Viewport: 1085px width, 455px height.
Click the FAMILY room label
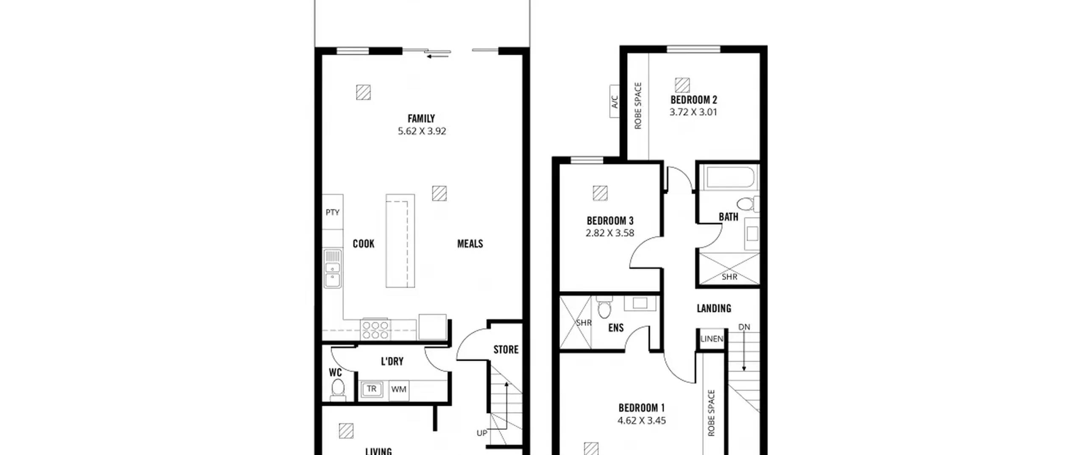(x=421, y=119)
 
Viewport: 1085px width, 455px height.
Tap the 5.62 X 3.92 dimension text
(x=422, y=131)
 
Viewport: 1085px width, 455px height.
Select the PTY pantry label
(x=333, y=212)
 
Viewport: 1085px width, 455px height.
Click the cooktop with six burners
(x=376, y=330)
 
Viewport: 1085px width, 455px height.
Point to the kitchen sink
(x=333, y=268)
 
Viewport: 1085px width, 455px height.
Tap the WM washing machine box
(x=398, y=389)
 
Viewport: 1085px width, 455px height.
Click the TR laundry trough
(x=372, y=389)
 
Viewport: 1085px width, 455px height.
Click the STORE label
(x=506, y=350)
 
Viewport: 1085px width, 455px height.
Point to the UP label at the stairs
(x=482, y=433)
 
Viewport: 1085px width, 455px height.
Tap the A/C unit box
(x=615, y=102)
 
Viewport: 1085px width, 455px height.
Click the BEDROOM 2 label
(x=694, y=100)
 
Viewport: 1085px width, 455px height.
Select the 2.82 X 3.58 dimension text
(x=610, y=233)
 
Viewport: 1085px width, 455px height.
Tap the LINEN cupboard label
(x=712, y=339)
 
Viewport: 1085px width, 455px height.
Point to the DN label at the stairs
(x=744, y=327)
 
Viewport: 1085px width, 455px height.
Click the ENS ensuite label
(x=616, y=328)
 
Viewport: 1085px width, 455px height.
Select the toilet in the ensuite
(x=604, y=307)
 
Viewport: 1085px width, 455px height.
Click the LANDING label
(x=714, y=309)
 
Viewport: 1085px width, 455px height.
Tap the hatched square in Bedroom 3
(x=600, y=193)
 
